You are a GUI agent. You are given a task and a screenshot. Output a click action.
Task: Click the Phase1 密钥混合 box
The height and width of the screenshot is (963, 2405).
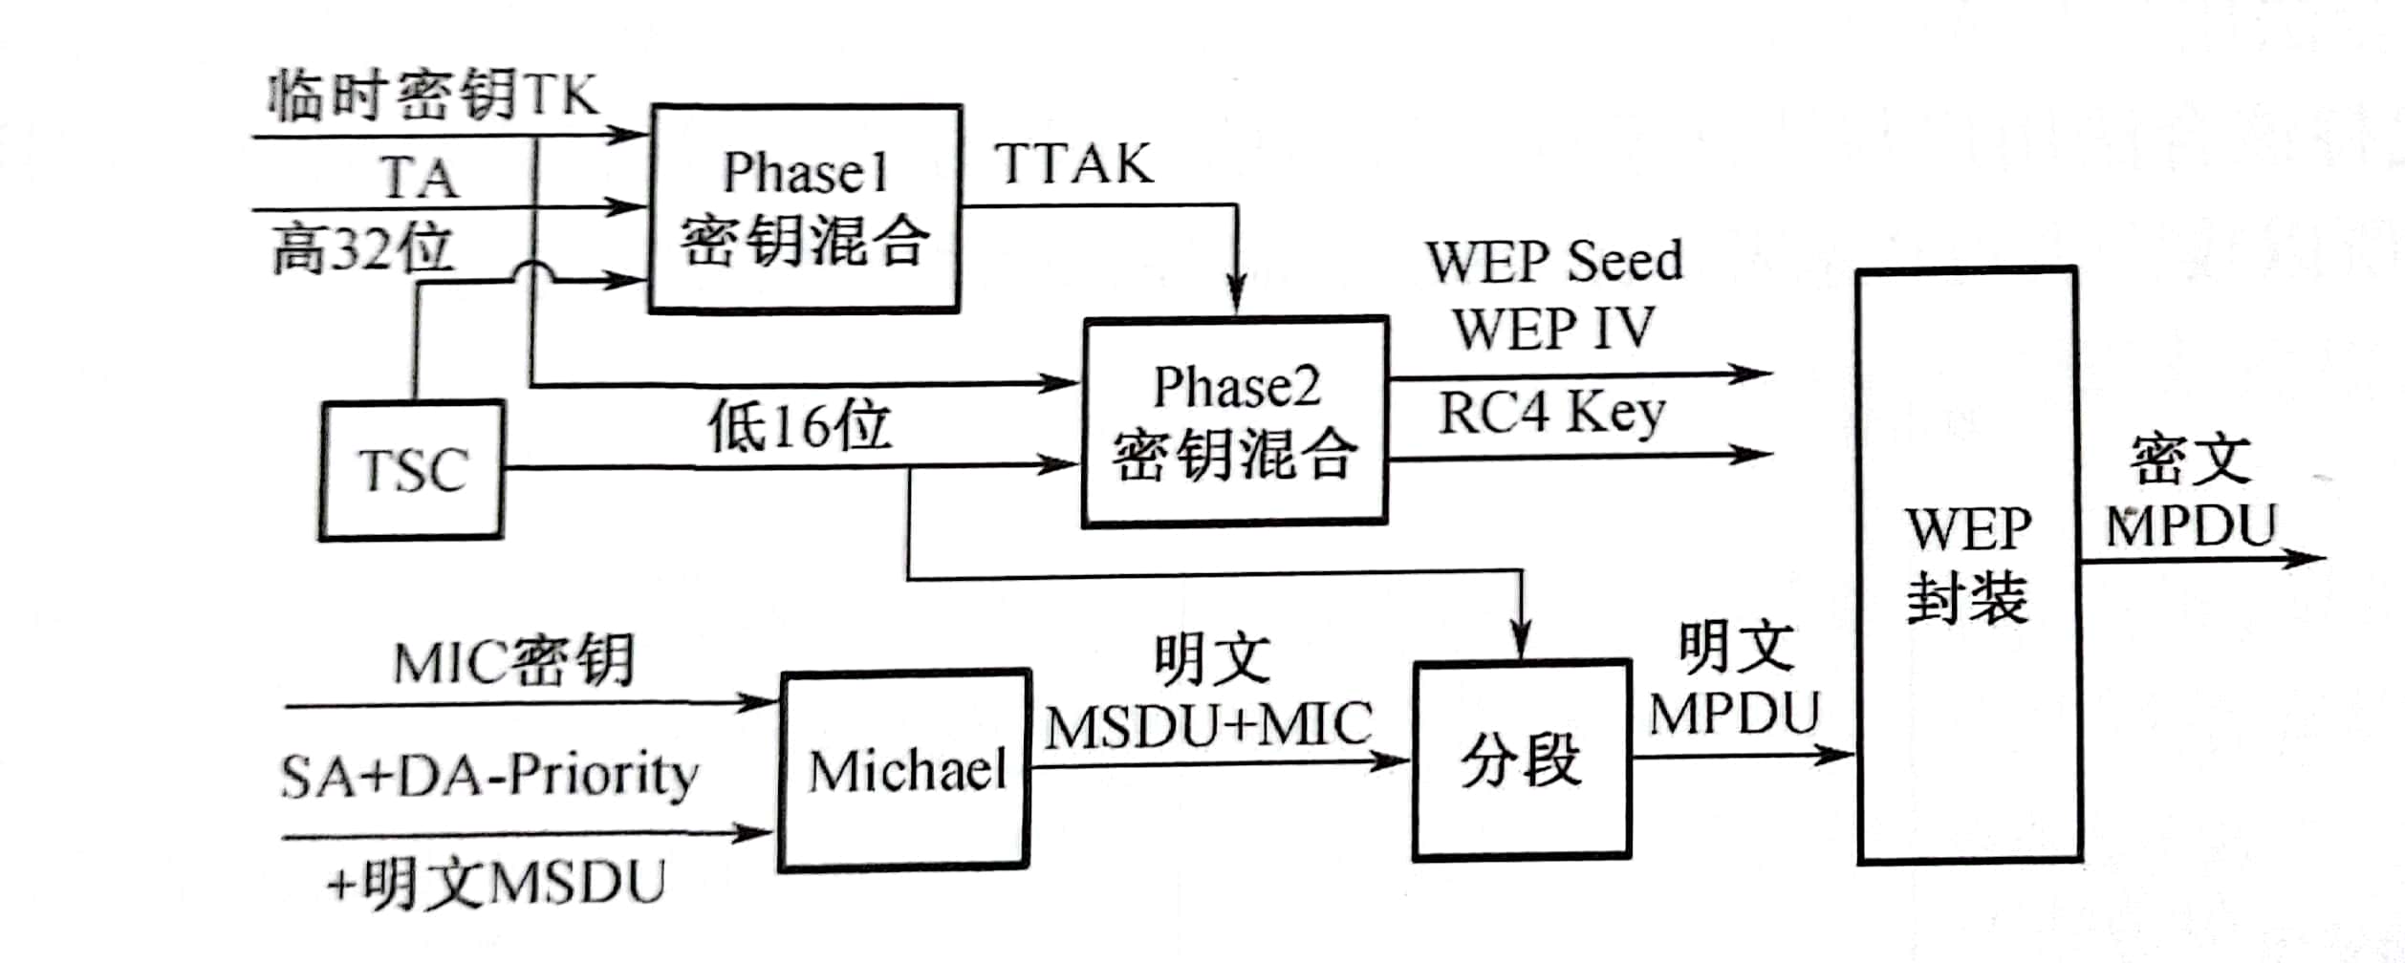click(805, 208)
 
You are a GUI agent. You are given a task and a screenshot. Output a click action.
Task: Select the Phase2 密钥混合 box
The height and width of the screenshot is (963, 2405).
click(1235, 421)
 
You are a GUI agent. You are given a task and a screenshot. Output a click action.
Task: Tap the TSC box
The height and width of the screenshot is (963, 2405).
click(412, 471)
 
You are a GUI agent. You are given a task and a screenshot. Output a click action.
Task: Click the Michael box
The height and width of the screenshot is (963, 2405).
click(904, 770)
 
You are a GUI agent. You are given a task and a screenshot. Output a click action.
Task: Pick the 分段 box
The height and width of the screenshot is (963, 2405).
click(1521, 760)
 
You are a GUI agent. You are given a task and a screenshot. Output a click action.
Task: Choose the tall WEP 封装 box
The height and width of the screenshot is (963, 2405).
click(1969, 566)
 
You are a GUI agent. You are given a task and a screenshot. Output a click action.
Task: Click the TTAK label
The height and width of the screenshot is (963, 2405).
click(1073, 164)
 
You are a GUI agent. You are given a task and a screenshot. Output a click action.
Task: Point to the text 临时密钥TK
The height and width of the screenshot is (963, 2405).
click(432, 96)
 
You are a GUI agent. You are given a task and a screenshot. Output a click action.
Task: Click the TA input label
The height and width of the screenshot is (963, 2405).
click(420, 178)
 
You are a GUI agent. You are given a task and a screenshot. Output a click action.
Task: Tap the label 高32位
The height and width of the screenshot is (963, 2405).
click(362, 250)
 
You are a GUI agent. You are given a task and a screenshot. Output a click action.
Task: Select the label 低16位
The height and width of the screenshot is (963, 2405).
click(799, 425)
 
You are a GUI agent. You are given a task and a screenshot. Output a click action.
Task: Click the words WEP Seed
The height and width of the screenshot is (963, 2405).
click(1554, 261)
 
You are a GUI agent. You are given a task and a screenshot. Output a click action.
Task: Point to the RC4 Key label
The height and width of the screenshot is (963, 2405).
click(1551, 413)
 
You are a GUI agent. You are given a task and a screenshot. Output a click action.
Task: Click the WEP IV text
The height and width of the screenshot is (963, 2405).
click(1553, 328)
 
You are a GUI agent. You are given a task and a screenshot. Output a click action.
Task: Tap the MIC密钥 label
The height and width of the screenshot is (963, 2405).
click(513, 661)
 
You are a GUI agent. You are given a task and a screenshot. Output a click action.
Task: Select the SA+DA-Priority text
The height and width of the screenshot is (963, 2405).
click(488, 774)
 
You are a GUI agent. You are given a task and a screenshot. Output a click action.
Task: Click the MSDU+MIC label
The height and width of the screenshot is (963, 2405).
click(1208, 726)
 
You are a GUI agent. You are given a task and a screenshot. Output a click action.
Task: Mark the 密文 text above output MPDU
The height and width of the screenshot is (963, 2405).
click(2190, 460)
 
